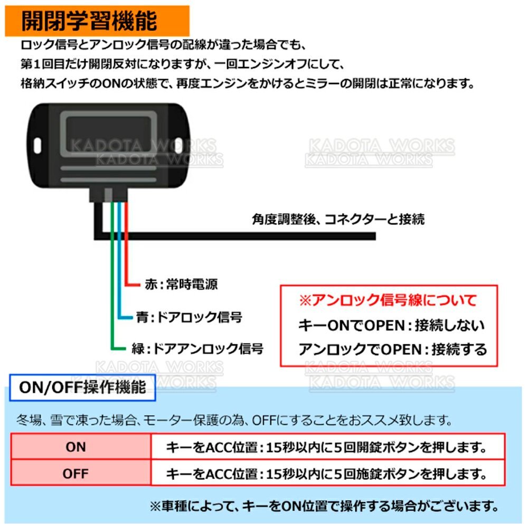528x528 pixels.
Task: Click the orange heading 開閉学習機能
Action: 89,21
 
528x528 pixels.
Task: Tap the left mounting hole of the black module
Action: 37,146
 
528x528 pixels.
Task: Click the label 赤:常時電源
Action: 181,284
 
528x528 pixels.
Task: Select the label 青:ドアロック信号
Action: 189,317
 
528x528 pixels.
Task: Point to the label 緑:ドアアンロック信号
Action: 197,348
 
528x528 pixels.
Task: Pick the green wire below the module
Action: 112,276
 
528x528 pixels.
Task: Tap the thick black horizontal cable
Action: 235,235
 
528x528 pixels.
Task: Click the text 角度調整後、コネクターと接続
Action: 338,219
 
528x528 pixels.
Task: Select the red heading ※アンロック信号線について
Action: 388,300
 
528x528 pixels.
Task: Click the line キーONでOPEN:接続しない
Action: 392,325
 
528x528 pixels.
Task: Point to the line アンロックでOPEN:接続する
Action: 393,349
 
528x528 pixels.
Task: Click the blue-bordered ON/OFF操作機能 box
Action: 82,388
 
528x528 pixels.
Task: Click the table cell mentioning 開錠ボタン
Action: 328,447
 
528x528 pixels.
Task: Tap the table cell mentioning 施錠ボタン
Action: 328,473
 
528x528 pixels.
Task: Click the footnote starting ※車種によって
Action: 324,506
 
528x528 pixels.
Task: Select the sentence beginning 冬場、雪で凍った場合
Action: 234,420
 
